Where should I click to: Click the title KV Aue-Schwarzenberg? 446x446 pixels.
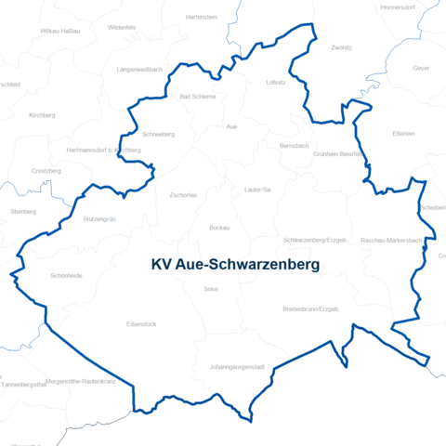[235, 265]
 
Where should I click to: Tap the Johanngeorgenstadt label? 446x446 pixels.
[238, 367]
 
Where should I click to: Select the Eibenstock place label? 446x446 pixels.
[142, 324]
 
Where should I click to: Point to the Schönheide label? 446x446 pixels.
[66, 276]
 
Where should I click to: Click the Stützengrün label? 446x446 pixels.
[98, 219]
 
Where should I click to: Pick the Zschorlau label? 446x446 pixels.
[184, 195]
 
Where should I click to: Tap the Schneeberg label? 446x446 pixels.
[159, 134]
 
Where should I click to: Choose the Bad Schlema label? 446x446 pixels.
[197, 97]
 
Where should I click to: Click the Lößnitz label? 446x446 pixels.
[276, 83]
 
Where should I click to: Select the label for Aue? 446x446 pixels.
[232, 126]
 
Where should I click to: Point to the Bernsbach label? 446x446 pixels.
[294, 146]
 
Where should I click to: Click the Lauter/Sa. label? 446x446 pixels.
[257, 190]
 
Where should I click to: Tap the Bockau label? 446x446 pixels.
[219, 228]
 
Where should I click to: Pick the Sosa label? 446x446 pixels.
[210, 289]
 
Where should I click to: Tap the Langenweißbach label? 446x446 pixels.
[140, 70]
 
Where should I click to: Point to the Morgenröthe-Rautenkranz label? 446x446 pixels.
[80, 381]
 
